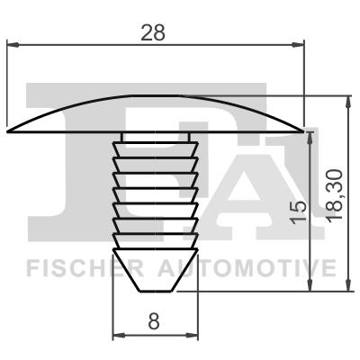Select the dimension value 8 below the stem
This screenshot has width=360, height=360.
click(154, 319)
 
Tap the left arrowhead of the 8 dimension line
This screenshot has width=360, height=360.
click(116, 337)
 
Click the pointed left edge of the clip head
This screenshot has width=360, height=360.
click(8, 130)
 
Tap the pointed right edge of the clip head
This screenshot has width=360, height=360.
click(304, 130)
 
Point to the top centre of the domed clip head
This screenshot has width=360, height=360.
click(155, 96)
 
